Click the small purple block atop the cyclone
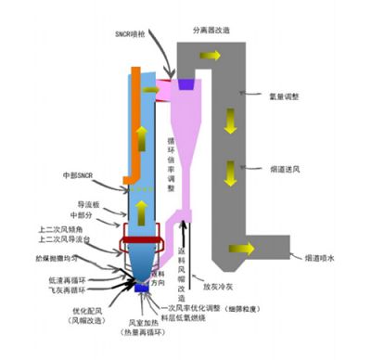tap(185, 84)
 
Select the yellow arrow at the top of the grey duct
tap(212, 56)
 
